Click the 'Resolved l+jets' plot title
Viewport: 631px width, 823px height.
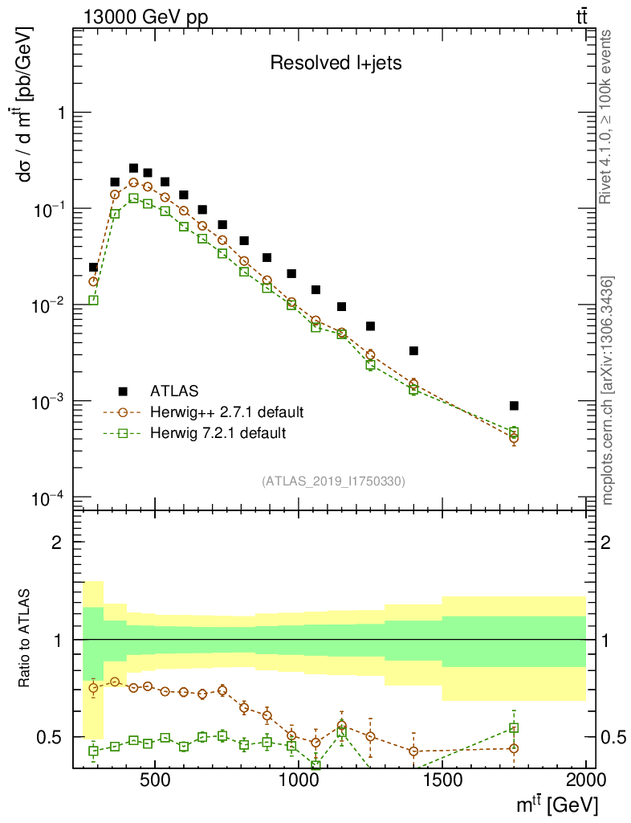(335, 63)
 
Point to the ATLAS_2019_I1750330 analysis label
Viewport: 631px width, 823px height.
(333, 481)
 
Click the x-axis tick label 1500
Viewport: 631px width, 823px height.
(442, 780)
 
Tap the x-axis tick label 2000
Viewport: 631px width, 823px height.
(585, 780)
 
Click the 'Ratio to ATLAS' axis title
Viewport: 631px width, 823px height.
(26, 639)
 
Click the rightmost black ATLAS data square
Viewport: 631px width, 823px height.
(514, 406)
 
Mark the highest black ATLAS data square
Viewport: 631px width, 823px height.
(133, 168)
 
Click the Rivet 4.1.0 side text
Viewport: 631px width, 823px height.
(607, 116)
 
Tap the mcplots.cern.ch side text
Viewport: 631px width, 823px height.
(607, 390)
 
